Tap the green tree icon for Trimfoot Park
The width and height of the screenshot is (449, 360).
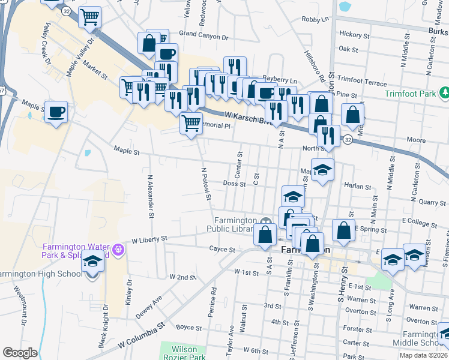click(x=445, y=93)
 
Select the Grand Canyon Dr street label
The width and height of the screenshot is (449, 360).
click(x=204, y=37)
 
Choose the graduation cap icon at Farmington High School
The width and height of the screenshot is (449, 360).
click(x=92, y=262)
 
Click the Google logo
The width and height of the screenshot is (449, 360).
click(x=20, y=353)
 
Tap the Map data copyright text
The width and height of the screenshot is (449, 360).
click(x=423, y=355)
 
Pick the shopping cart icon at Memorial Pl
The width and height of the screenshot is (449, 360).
click(x=191, y=124)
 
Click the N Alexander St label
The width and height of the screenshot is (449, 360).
click(x=150, y=196)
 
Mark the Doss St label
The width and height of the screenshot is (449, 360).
click(x=234, y=184)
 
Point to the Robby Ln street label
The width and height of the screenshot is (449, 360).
click(x=316, y=19)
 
